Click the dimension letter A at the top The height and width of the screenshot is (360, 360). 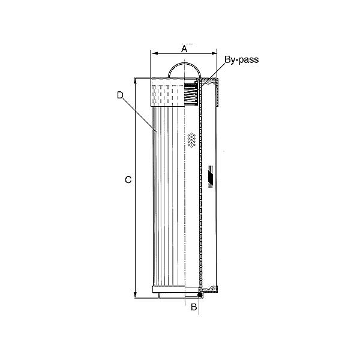tap(184, 49)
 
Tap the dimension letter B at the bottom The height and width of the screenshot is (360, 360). tap(193, 308)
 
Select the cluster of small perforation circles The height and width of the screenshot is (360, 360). tap(191, 139)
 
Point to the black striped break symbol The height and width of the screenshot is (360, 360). tap(210, 176)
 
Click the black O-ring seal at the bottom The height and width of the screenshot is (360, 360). tap(199, 296)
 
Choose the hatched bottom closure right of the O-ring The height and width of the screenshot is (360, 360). tap(210, 292)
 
